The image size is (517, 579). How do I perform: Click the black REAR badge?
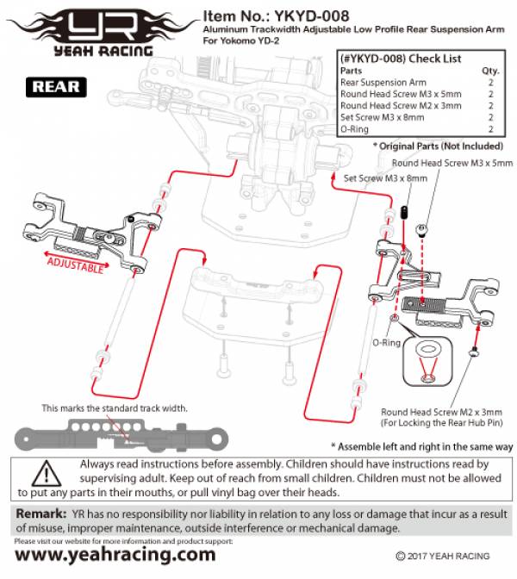point(56,87)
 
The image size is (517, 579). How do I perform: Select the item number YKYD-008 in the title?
point(312,16)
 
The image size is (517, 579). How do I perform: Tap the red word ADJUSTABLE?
point(75,265)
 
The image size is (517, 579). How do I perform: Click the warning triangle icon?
point(47,474)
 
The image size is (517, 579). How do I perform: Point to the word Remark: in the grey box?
point(41,514)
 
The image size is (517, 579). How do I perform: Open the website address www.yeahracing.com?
point(115,555)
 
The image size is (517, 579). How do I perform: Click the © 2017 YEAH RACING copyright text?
point(443,556)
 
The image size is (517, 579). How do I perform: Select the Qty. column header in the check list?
point(490,71)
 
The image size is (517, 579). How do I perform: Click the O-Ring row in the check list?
point(417,129)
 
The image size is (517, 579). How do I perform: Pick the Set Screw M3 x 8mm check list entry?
point(383,117)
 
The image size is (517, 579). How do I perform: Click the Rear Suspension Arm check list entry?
point(383,83)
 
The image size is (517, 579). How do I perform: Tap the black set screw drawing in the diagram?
point(405,212)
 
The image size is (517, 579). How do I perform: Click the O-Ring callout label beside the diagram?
point(386,343)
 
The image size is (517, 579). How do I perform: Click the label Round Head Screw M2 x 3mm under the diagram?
point(441,412)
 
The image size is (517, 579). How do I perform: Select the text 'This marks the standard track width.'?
point(115,408)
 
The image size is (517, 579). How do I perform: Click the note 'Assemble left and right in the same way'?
point(422,447)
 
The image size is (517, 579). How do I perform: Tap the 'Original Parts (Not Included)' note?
point(439,146)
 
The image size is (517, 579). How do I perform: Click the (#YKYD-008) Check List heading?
point(401,59)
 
